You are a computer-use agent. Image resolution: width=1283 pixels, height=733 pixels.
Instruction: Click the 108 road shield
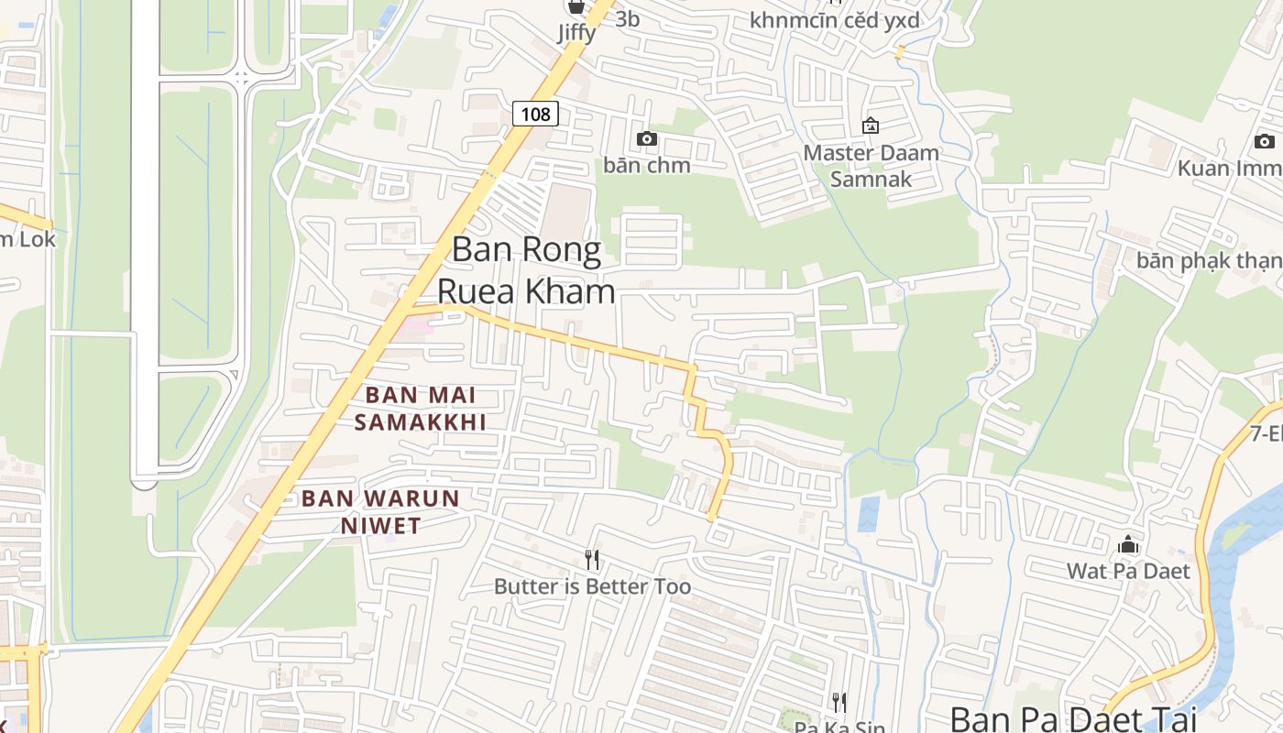tap(534, 114)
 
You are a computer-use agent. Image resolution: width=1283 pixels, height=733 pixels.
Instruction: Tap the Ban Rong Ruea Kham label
tap(526, 269)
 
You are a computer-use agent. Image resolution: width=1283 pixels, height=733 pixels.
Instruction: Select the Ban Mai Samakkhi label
tap(420, 409)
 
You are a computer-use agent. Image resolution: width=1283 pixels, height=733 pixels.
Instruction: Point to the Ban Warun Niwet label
tap(380, 511)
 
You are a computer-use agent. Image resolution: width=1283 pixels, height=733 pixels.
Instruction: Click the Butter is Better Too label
tap(592, 586)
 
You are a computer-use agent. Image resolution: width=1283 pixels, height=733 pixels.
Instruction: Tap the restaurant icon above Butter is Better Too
tap(592, 559)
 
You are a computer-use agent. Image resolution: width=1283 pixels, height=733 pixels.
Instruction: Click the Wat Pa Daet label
tap(1128, 571)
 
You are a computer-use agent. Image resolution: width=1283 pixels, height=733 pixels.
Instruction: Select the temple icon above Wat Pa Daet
tap(1128, 545)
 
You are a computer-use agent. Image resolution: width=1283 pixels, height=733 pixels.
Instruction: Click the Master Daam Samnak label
tap(871, 165)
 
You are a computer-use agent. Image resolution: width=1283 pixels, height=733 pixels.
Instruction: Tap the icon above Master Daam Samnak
tap(871, 126)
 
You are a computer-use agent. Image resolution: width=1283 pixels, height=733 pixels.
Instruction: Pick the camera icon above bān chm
tap(647, 138)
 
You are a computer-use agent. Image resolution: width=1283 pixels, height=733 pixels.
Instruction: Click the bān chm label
tap(647, 165)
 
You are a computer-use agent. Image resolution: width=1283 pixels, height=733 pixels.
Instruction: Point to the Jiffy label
tap(576, 33)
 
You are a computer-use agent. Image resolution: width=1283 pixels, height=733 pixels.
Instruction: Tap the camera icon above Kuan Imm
tap(1265, 141)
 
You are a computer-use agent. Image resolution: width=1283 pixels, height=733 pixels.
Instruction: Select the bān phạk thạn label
tap(1209, 260)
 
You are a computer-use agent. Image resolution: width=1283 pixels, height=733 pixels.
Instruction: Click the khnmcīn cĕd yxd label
tap(834, 20)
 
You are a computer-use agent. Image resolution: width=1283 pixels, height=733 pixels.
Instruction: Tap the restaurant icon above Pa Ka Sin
tap(839, 702)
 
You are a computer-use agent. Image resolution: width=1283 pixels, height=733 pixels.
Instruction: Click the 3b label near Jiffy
tap(628, 18)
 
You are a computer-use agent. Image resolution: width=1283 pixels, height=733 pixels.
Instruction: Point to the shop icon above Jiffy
tap(576, 7)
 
